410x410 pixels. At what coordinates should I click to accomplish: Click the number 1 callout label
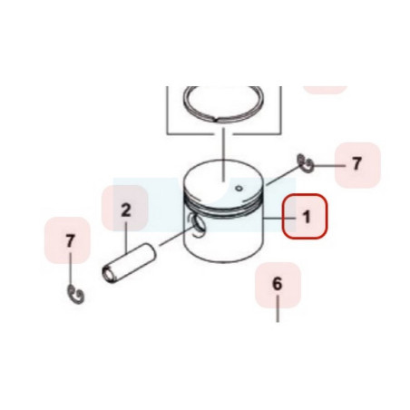307,217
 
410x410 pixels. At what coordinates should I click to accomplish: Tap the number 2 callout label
126,210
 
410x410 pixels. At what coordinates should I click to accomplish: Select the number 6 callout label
277,284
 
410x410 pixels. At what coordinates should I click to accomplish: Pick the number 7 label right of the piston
356,163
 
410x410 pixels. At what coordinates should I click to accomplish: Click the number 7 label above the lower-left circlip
70,241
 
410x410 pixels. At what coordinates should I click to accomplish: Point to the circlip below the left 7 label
75,294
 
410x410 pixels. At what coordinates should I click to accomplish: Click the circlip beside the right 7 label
305,163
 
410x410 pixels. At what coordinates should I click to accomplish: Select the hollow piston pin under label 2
129,263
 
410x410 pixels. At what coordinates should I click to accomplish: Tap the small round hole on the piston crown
239,189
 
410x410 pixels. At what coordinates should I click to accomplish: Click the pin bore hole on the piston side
198,225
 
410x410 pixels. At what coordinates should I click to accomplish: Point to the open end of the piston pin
108,274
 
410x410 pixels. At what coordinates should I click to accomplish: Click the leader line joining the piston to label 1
279,218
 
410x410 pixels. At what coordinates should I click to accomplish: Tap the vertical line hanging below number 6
278,308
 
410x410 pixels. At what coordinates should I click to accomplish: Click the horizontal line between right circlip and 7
329,166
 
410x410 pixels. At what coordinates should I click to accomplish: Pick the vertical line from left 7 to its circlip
70,268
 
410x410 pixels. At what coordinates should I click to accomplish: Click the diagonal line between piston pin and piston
176,236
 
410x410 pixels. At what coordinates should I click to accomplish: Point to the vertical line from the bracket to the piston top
223,154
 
